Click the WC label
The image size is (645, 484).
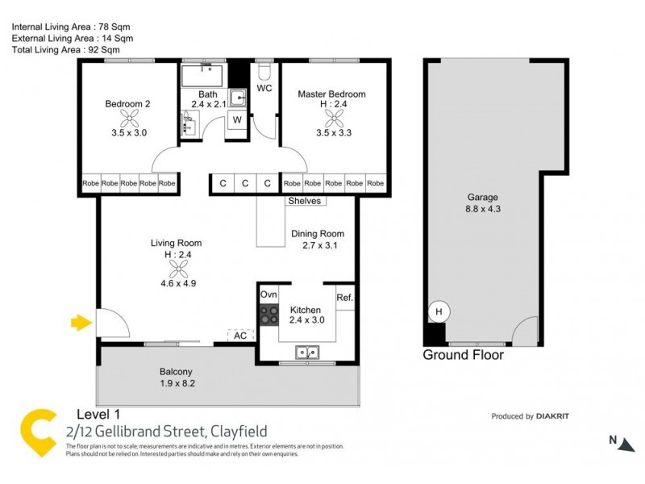264,87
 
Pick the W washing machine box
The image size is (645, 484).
237,120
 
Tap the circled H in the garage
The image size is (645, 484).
439,311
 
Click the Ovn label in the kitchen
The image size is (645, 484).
268,295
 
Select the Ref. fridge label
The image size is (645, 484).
344,298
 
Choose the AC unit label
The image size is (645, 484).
241,336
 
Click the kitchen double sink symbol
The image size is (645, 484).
306,352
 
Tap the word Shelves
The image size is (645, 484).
303,201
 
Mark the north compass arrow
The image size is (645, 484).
618,440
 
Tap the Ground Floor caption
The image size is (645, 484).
464,355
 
